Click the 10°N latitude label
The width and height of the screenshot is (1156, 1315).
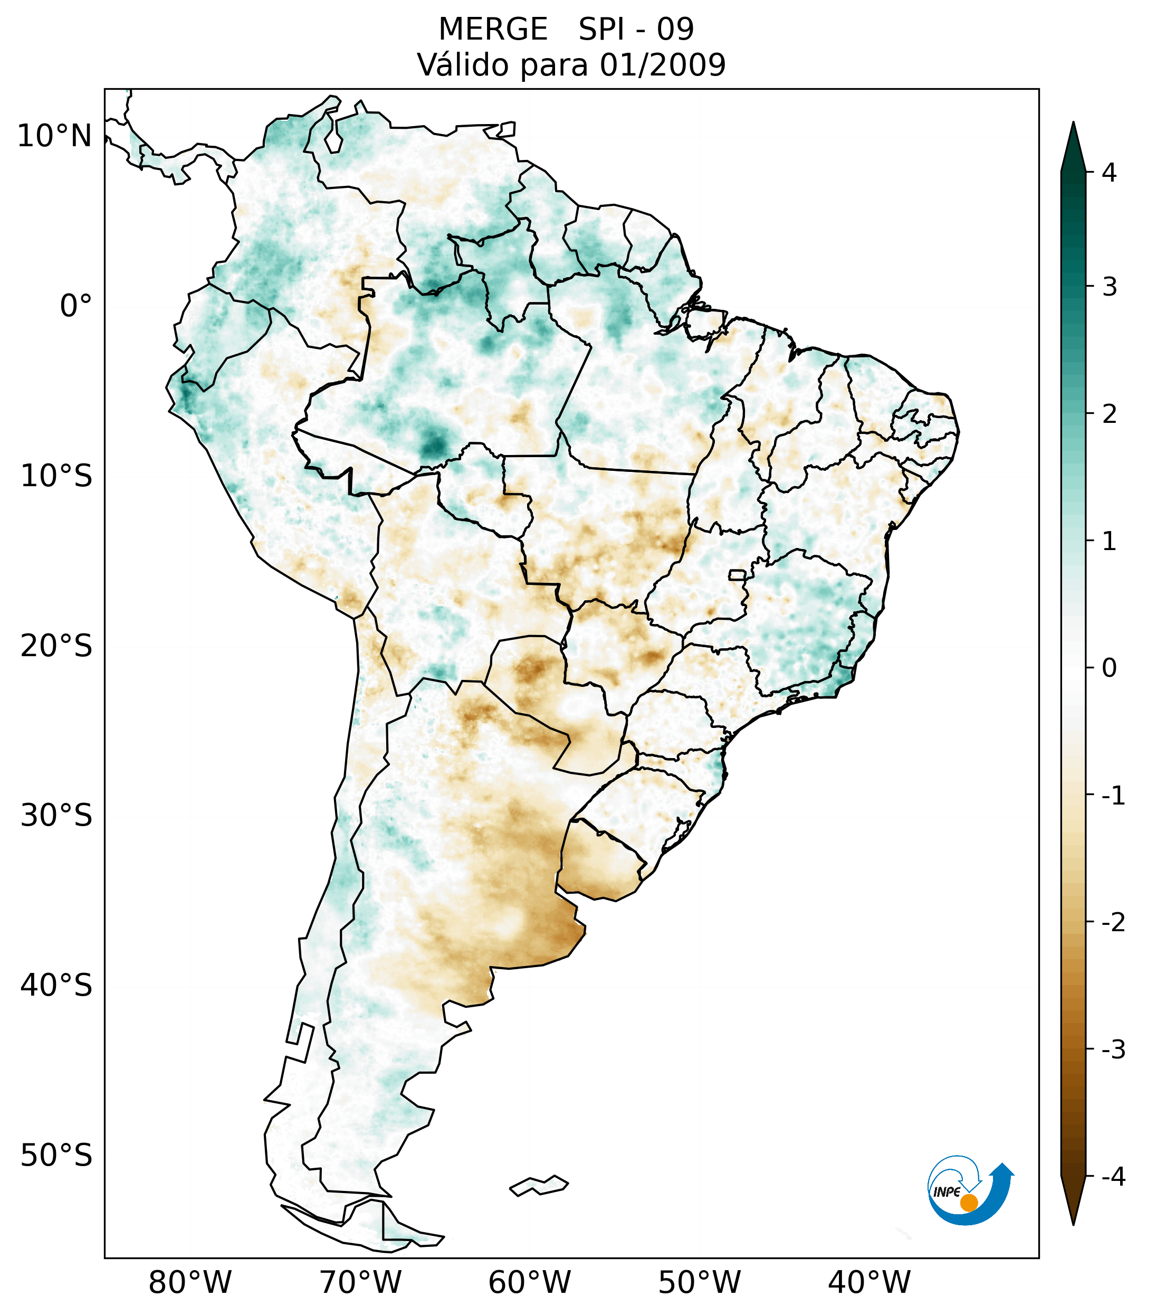55,136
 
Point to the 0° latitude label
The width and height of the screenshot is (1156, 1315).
76,306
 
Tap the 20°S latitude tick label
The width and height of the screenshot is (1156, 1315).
56,645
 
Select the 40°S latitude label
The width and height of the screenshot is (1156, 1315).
56,985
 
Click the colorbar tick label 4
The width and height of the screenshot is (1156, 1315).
1109,173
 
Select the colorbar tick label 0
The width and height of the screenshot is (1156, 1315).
1109,668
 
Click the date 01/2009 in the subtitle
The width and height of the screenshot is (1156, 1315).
662,65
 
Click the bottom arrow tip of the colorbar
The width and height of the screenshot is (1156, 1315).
1073,1223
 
